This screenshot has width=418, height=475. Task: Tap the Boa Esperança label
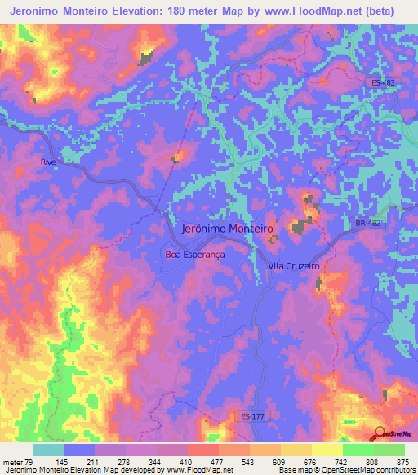195,254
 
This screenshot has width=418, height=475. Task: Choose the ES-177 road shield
254,416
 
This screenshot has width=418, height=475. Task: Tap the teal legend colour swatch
48,450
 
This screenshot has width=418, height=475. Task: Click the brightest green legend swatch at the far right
389,450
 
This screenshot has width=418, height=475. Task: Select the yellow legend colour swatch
327,450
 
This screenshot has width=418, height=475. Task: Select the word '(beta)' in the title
380,11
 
